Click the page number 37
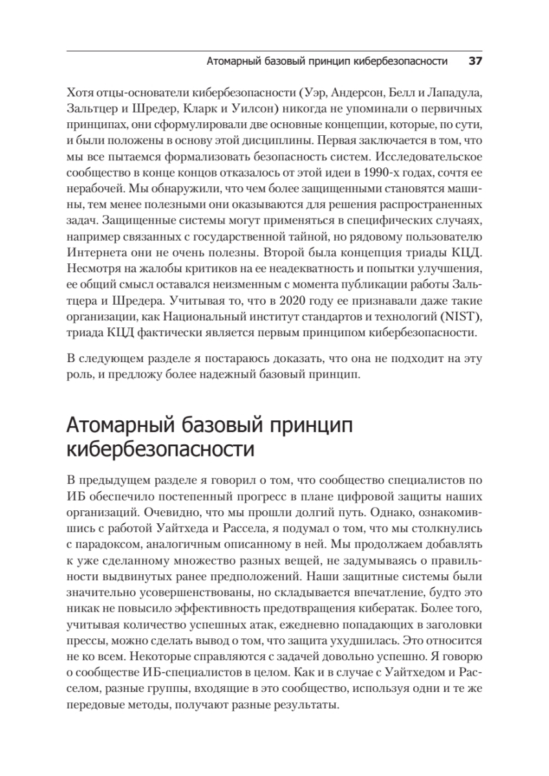pyautogui.click(x=475, y=61)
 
